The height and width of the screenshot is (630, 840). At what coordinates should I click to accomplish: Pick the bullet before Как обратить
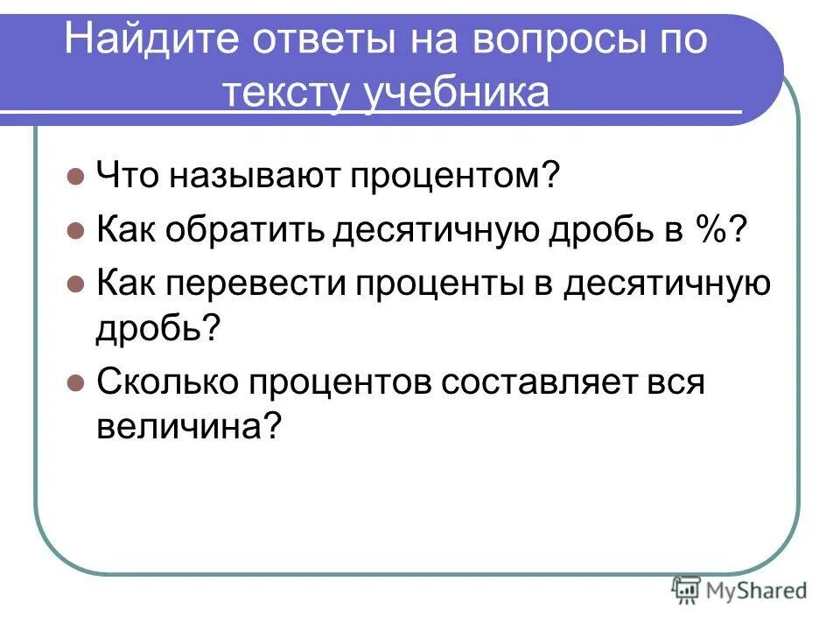point(74,232)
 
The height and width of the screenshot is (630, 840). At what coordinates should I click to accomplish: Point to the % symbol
point(713,232)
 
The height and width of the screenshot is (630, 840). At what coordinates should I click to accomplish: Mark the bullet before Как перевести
point(74,285)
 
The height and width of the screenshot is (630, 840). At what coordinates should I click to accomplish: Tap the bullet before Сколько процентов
point(74,383)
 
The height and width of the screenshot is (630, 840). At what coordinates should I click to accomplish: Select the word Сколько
point(166,383)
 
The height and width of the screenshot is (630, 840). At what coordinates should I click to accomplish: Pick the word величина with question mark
point(189,428)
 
